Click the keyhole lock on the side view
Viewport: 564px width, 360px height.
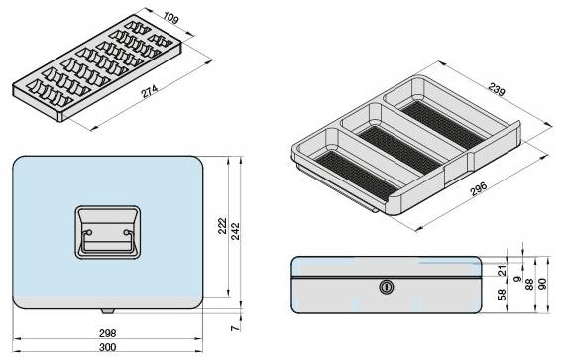[385, 287]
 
